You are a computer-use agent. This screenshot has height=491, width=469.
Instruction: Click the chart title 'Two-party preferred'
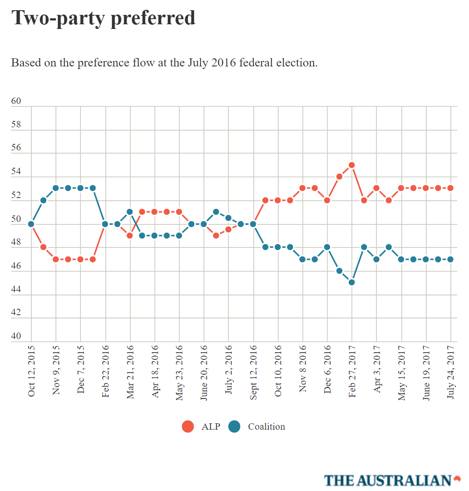pyautogui.click(x=103, y=18)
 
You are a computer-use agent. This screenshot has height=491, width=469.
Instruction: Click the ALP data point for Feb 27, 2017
pyautogui.click(x=351, y=165)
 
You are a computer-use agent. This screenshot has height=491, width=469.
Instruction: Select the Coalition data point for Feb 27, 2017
pyautogui.click(x=351, y=282)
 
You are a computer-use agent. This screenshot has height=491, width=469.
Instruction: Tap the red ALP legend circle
pyautogui.click(x=188, y=426)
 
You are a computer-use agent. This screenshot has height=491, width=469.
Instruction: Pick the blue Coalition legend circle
pyautogui.click(x=234, y=426)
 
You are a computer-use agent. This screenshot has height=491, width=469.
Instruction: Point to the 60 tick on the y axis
pyautogui.click(x=16, y=101)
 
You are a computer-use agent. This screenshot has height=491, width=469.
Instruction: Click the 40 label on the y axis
pyautogui.click(x=16, y=336)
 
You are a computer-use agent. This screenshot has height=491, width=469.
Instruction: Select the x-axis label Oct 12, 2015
pyautogui.click(x=32, y=371)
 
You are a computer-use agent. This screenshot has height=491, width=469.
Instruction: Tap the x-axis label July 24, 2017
pyautogui.click(x=451, y=372)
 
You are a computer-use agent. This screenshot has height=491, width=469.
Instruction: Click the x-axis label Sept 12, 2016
pyautogui.click(x=253, y=373)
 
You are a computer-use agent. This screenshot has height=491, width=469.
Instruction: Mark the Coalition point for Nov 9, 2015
pyautogui.click(x=56, y=188)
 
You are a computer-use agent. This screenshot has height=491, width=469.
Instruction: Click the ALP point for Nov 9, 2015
pyautogui.click(x=56, y=259)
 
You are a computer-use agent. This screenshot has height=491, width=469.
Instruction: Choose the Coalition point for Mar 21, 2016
pyautogui.click(x=130, y=212)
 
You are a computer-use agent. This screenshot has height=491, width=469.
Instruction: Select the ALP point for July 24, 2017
pyautogui.click(x=450, y=188)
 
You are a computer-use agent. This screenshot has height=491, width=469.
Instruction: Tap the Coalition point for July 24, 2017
pyautogui.click(x=450, y=259)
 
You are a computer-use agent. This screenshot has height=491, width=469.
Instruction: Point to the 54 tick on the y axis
pyautogui.click(x=16, y=171)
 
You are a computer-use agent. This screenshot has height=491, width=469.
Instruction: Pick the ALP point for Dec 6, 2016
pyautogui.click(x=327, y=200)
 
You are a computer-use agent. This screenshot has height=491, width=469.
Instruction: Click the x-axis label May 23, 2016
pyautogui.click(x=179, y=373)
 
